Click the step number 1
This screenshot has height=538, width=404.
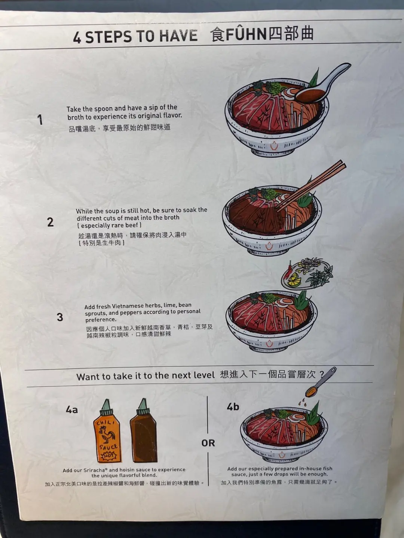[40, 120]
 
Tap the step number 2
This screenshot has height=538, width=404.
[50, 222]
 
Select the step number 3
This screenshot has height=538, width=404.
[60, 317]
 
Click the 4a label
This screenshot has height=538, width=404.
[71, 409]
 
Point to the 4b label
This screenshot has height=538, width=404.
[233, 406]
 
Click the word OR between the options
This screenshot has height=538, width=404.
[208, 443]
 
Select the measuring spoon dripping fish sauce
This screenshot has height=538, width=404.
[321, 383]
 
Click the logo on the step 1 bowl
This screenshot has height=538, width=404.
[274, 146]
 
